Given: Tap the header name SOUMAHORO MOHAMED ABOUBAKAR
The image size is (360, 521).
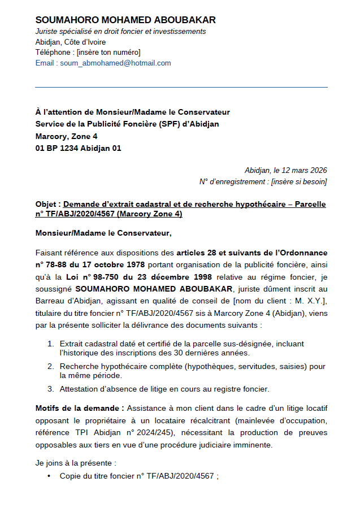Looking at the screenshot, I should pos(125,20).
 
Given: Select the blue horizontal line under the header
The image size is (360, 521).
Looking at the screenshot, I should pos(181,87).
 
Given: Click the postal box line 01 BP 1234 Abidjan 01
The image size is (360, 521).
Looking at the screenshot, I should pos(78,148).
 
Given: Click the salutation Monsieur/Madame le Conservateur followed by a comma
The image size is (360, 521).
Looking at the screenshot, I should pos(103,232).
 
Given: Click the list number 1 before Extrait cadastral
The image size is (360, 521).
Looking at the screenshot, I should pos(50,344).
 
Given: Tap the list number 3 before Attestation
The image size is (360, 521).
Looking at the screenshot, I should pos(50,388).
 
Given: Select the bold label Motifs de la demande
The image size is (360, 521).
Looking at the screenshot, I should pos(80,407).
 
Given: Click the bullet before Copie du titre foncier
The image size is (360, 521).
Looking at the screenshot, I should pos(50,476).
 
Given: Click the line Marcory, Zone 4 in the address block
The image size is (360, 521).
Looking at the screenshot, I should pos(66,136).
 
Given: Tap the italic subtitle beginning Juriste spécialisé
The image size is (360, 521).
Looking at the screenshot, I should pos(120,32).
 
